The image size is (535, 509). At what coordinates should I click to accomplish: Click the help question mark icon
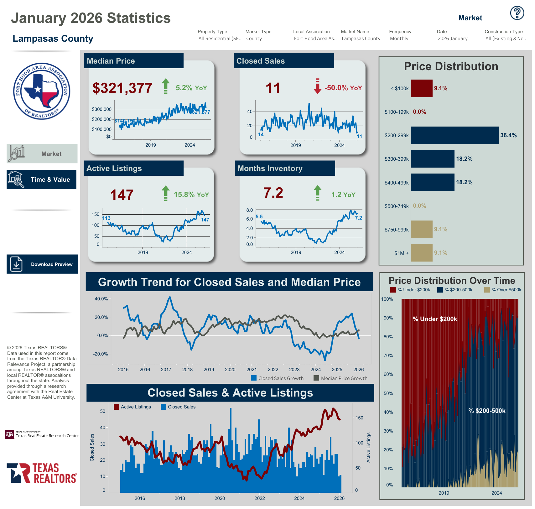click(x=517, y=13)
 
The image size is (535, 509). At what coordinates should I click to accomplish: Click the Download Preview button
click(x=42, y=264)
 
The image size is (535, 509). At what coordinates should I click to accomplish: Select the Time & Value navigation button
click(x=42, y=179)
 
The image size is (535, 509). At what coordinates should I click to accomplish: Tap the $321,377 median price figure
click(x=122, y=88)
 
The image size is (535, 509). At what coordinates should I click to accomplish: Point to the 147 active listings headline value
click(x=122, y=195)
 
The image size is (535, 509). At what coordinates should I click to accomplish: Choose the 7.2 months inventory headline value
click(x=273, y=193)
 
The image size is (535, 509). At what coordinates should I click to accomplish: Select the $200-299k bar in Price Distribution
click(x=454, y=135)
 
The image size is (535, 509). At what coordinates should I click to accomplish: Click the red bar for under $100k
click(x=421, y=88)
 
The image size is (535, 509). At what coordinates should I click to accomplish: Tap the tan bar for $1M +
click(x=421, y=253)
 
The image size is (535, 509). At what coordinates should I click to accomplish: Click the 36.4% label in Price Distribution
click(x=508, y=135)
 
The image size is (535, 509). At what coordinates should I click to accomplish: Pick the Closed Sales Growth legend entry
click(x=278, y=378)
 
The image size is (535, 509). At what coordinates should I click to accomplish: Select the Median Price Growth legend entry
click(x=340, y=378)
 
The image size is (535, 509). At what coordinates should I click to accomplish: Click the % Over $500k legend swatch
click(x=487, y=290)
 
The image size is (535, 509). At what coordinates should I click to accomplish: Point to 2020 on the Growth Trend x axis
click(x=230, y=370)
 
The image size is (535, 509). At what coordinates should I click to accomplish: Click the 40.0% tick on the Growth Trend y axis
click(x=101, y=299)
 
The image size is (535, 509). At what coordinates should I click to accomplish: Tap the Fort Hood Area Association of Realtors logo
click(x=42, y=91)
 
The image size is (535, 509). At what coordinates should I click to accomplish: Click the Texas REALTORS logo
click(x=42, y=473)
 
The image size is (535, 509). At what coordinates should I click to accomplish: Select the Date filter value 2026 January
click(x=452, y=39)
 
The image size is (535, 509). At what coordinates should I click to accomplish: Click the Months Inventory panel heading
click(x=270, y=169)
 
